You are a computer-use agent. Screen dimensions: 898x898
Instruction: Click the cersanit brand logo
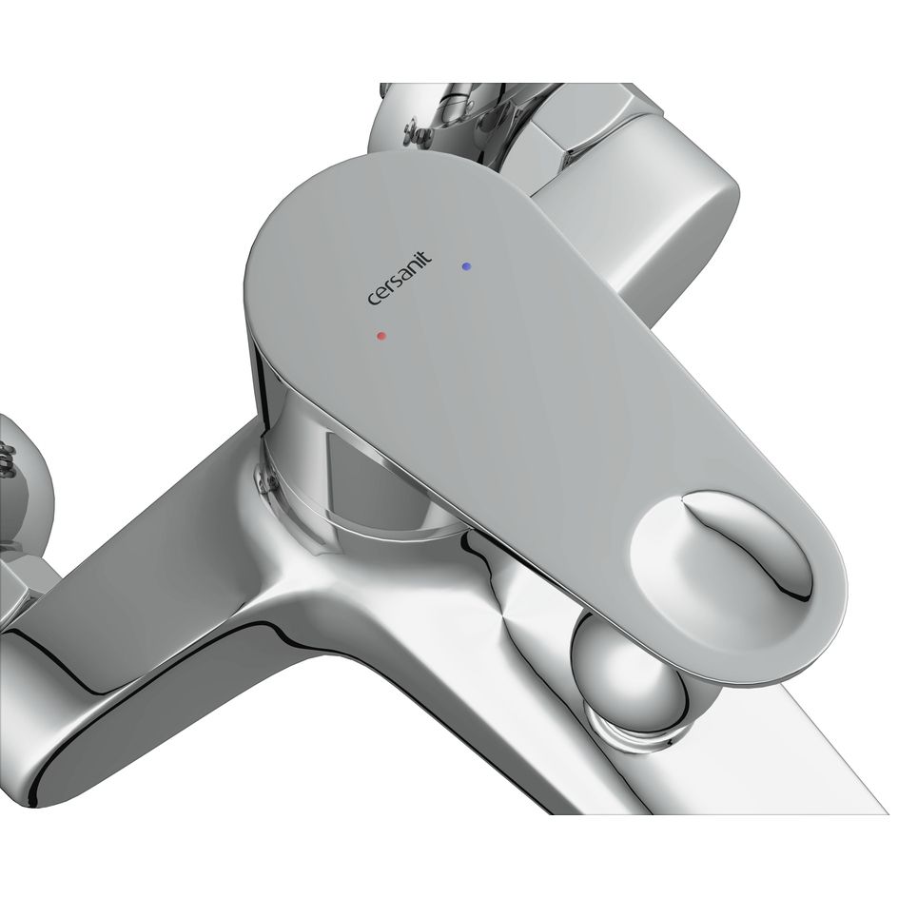400,279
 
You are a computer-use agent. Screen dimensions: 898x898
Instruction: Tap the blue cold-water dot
466,266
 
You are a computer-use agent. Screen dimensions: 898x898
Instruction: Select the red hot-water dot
382,336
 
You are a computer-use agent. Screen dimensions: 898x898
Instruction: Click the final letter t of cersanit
427,257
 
